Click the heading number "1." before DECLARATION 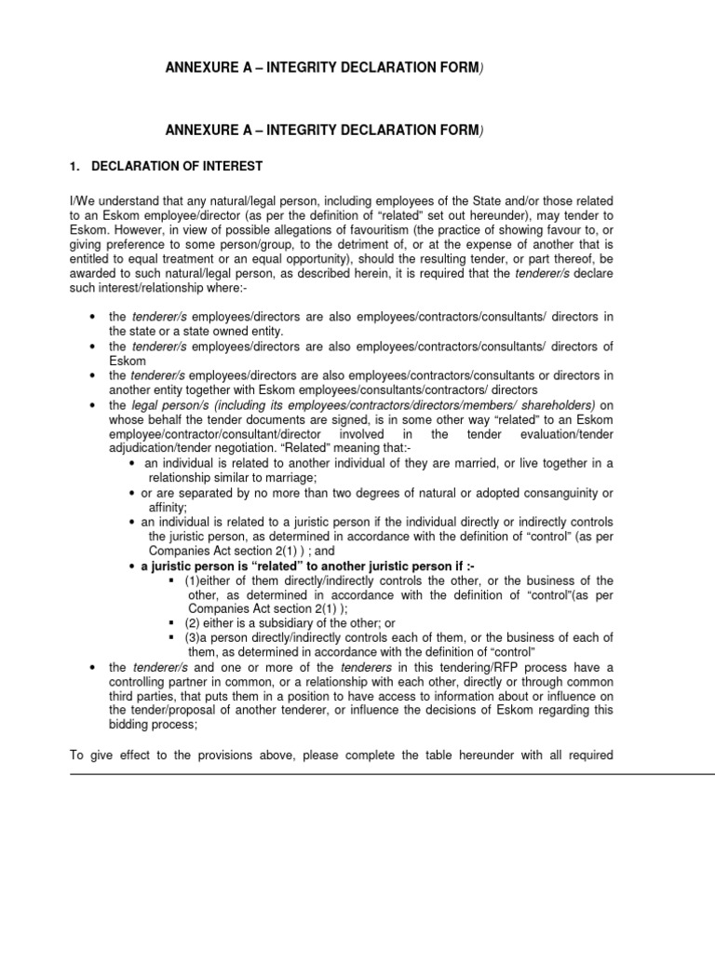[75, 167]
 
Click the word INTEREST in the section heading [234, 167]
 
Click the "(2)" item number [193, 622]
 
